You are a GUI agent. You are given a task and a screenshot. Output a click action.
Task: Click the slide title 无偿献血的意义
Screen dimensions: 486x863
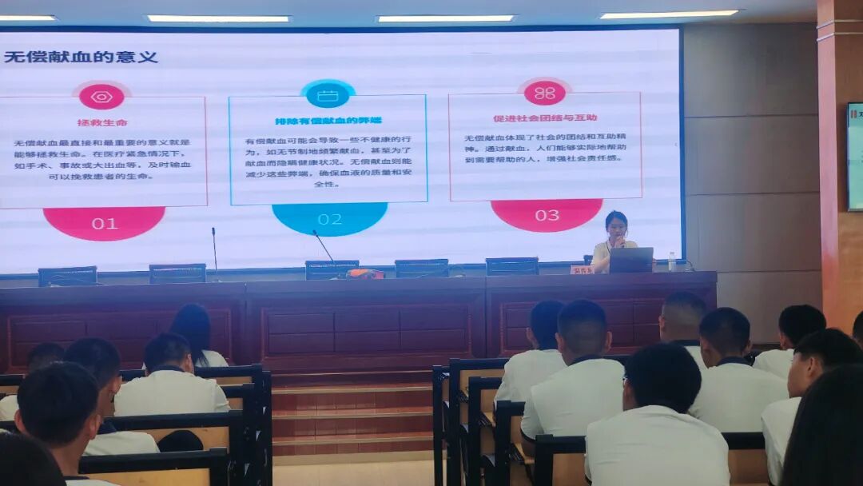pos(81,58)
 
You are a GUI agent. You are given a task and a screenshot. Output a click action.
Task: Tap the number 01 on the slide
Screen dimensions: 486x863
pos(105,223)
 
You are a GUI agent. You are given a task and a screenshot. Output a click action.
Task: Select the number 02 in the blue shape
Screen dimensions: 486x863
pos(329,219)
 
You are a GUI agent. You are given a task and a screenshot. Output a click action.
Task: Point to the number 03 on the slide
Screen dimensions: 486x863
pos(547,214)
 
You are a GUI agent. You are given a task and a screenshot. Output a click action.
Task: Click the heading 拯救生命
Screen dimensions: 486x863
pos(102,122)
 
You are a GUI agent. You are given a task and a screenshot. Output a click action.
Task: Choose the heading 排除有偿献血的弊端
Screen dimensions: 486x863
pos(328,121)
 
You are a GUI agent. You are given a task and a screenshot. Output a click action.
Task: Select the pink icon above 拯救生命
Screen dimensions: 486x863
pos(101,97)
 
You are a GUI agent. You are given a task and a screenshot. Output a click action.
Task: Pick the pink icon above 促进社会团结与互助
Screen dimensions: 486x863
pos(544,93)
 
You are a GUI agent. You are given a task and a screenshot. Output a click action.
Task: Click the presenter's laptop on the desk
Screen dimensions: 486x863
pos(631,260)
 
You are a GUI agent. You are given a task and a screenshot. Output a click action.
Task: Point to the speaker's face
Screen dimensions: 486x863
pos(616,225)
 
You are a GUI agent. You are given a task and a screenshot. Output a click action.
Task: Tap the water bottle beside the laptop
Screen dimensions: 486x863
pos(671,261)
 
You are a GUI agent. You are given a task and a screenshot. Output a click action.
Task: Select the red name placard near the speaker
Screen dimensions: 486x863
pos(581,270)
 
